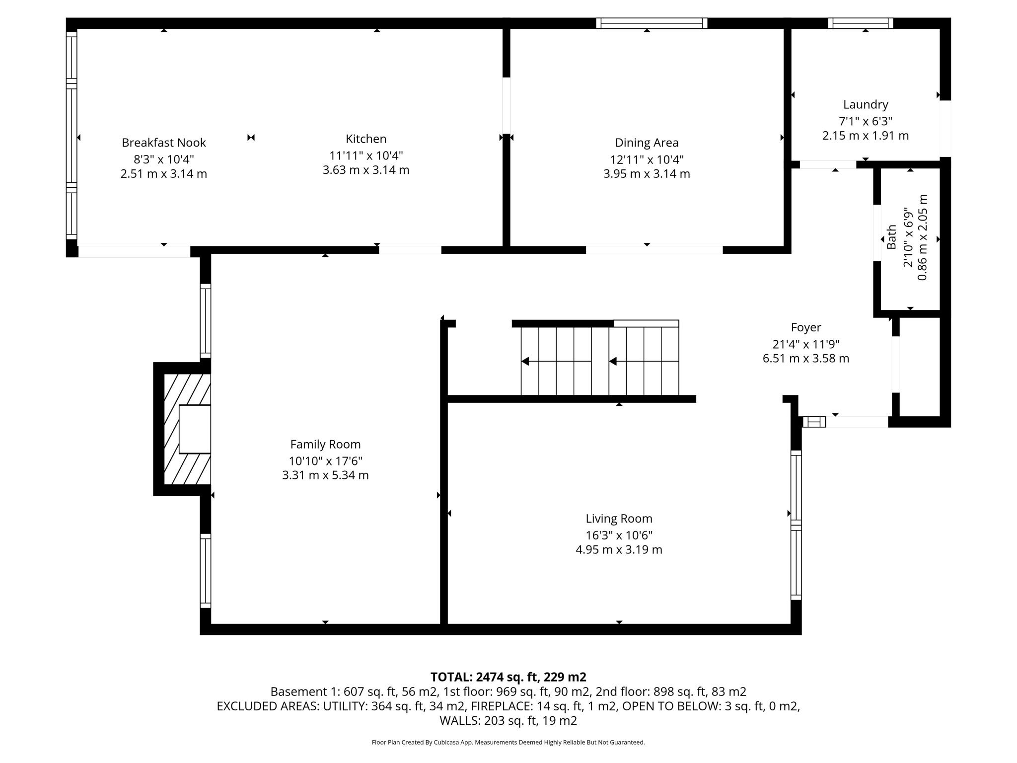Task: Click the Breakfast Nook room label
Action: (x=163, y=143)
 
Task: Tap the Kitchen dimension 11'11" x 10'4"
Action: (x=366, y=155)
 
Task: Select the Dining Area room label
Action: (x=647, y=143)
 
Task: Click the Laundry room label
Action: (x=865, y=105)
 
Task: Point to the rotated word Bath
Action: (x=892, y=237)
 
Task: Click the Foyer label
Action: (x=805, y=327)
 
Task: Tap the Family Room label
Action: (x=325, y=444)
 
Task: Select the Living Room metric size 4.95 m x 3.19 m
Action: (x=619, y=550)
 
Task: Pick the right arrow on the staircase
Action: (x=613, y=361)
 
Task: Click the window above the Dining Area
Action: (x=652, y=23)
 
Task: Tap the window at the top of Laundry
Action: (x=860, y=23)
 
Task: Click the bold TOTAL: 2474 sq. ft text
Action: (x=508, y=677)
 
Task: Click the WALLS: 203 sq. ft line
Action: (x=508, y=720)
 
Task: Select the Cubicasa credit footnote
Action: (x=508, y=742)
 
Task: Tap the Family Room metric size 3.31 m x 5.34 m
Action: (x=325, y=475)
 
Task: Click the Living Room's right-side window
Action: (x=796, y=525)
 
